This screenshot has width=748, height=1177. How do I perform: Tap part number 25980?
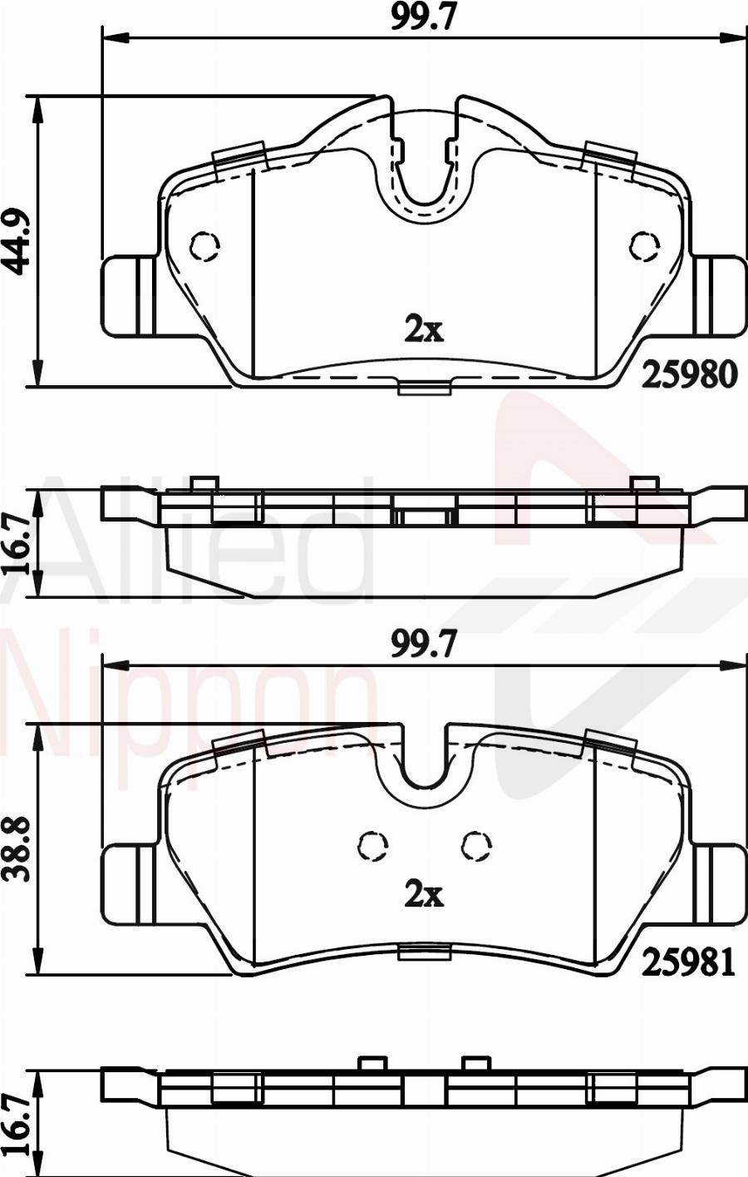689,375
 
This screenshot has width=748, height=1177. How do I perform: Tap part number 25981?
689,962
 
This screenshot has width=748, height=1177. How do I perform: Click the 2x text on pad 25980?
423,330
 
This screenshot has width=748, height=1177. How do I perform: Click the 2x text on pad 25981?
423,895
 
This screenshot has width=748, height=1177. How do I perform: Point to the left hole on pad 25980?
204,246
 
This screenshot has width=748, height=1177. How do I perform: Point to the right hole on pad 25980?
643,246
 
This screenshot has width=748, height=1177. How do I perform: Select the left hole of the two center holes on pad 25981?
373,846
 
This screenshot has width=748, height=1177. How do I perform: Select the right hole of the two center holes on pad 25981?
476,846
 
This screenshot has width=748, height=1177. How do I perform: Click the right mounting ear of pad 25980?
720,296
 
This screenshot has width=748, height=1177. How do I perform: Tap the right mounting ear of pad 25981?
720,883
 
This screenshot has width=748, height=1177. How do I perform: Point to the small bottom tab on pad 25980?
425,388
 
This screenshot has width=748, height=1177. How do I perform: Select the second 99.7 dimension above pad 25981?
424,645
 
